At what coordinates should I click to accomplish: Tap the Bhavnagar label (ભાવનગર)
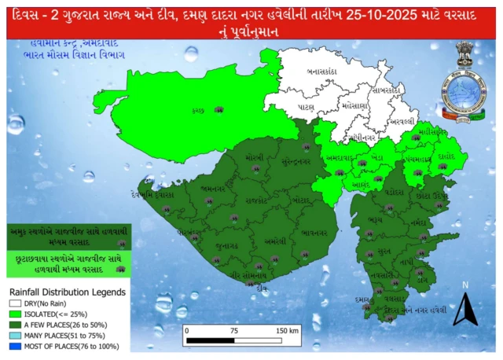[x=314, y=233]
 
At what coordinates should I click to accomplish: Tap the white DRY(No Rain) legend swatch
[x=14, y=302]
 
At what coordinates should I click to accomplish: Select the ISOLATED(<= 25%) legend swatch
[x=14, y=313]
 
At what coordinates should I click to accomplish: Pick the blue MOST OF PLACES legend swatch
[x=14, y=345]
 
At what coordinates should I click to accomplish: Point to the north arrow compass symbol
[x=466, y=308]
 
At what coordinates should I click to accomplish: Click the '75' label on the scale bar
[x=233, y=330]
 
